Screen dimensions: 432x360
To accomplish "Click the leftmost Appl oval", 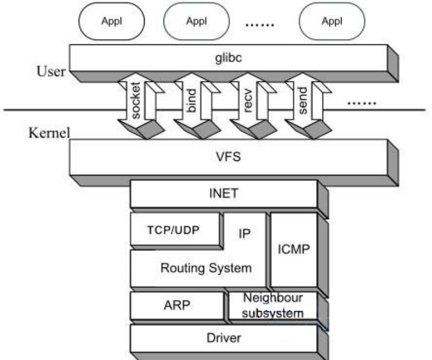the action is [x=112, y=22].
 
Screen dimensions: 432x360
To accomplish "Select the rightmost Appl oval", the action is [x=332, y=22].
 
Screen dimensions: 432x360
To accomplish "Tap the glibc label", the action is [x=228, y=58].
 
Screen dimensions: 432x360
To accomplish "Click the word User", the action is [x=51, y=71].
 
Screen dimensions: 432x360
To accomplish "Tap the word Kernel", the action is [x=49, y=133].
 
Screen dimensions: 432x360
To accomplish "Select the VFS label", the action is [x=228, y=157].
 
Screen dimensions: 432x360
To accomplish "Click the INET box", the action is [x=224, y=194].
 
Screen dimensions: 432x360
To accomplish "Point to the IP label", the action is [x=245, y=233].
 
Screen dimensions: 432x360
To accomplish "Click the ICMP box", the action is [x=294, y=250].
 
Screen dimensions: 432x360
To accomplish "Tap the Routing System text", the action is [x=206, y=268].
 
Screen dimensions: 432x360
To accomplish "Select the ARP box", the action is [x=177, y=305].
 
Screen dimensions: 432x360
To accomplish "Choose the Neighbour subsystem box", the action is [x=273, y=305].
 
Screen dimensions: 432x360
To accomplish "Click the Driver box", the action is [x=224, y=338].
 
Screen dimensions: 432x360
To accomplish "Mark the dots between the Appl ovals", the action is [x=260, y=25].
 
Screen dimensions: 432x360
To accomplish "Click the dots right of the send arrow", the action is [x=362, y=103].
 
